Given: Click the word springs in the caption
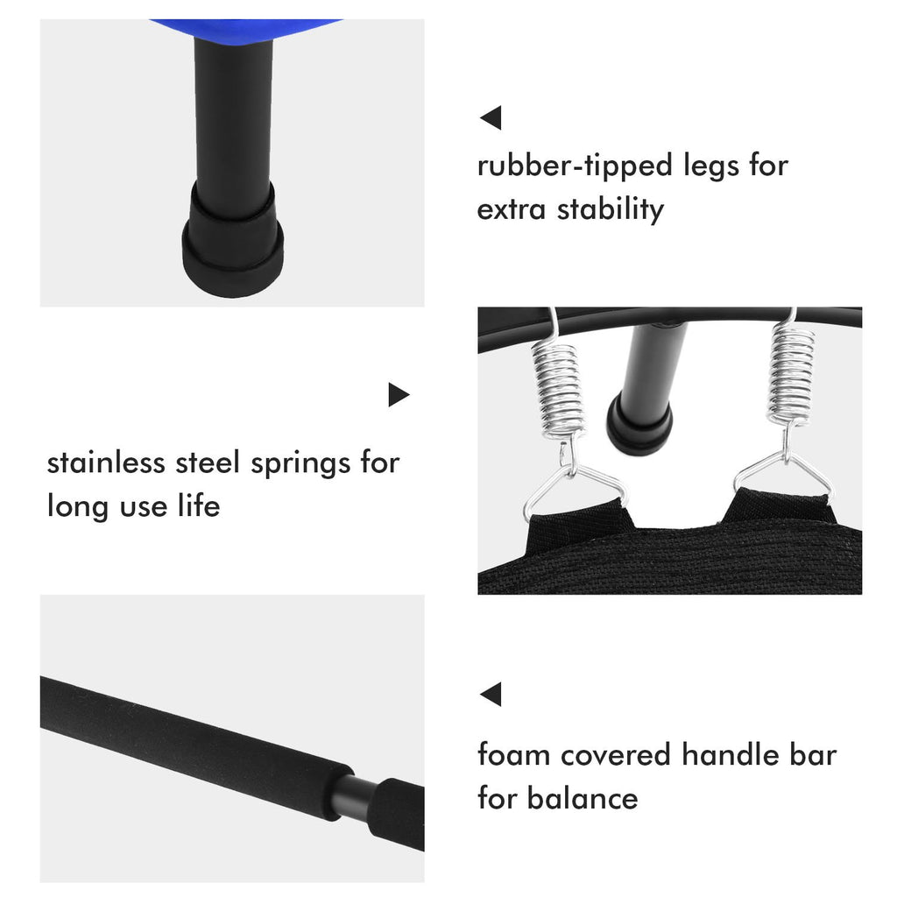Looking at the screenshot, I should click(x=300, y=463).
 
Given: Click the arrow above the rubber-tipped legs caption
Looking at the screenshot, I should click(x=491, y=117).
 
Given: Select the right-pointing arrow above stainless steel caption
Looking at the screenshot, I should click(x=399, y=395).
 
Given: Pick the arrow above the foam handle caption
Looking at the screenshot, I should click(x=491, y=695).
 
